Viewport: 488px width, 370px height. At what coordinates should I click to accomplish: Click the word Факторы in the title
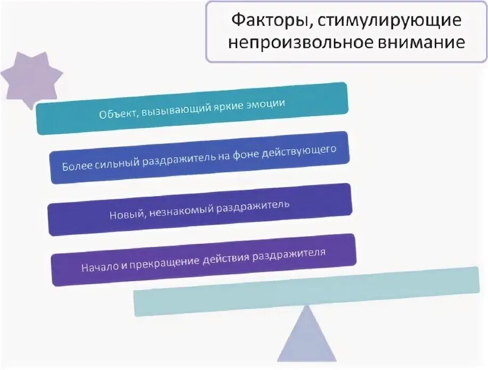[264, 22]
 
